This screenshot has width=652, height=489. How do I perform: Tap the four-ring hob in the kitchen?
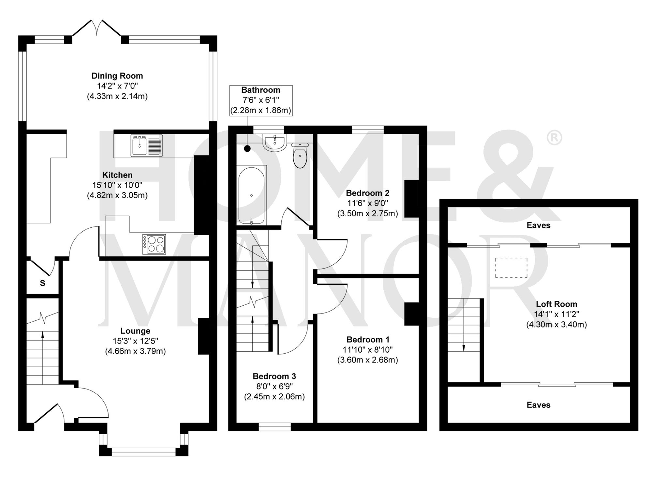(154, 244)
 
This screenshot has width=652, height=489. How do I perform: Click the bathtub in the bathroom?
(251, 195)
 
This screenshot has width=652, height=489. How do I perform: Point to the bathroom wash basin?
(274, 144)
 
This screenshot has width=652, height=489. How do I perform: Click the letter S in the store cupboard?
(42, 283)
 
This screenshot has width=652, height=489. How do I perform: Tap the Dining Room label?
(117, 76)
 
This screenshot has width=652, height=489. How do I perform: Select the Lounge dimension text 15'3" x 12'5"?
(135, 341)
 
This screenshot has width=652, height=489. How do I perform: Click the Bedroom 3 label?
(274, 376)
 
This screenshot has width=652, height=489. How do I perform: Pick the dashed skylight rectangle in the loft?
(511, 267)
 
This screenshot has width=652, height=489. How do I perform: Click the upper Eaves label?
(538, 225)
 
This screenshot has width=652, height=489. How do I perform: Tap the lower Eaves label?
(538, 405)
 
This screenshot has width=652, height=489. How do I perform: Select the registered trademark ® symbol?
(554, 138)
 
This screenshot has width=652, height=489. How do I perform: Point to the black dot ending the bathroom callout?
(247, 149)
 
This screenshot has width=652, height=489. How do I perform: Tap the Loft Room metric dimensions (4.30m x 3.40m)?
(556, 325)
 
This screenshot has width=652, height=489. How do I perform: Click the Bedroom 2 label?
(367, 193)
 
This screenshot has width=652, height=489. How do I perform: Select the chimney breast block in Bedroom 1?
(411, 314)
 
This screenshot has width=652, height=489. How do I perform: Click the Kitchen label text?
(117, 175)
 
